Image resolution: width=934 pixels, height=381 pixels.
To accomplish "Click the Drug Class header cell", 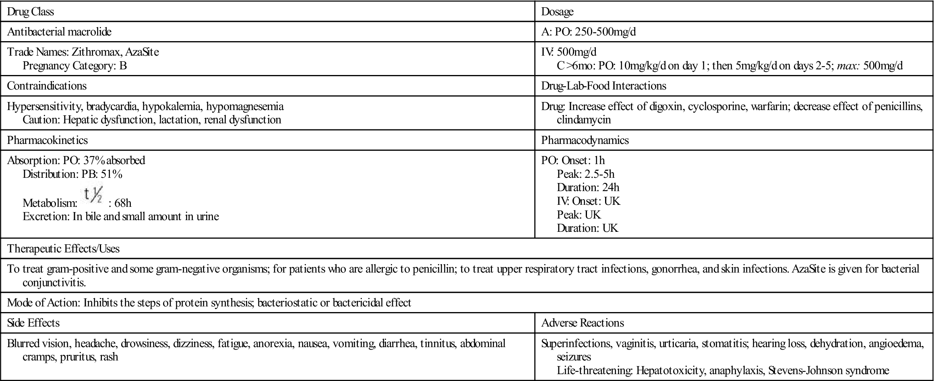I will pyautogui.click(x=31, y=12).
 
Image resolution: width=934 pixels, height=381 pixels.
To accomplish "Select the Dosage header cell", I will pyautogui.click(x=557, y=12).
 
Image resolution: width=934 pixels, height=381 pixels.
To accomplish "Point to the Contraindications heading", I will pyautogui.click(x=47, y=86).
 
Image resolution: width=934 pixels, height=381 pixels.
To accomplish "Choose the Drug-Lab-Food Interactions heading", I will pyautogui.click(x=603, y=86).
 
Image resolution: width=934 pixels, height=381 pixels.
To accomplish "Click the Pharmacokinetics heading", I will pyautogui.click(x=48, y=140).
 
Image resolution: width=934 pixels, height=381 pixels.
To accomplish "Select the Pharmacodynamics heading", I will pyautogui.click(x=585, y=140).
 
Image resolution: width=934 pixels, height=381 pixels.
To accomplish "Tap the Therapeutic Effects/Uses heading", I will pyautogui.click(x=64, y=248).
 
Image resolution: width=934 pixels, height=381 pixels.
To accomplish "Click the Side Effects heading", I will pyautogui.click(x=33, y=323).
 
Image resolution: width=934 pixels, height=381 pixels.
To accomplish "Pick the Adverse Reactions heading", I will pyautogui.click(x=583, y=323).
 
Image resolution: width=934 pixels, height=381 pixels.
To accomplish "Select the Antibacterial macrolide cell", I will pyautogui.click(x=59, y=31).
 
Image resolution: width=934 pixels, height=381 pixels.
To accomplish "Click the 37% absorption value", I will pyautogui.click(x=94, y=160).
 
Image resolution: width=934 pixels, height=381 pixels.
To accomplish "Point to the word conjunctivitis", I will pyautogui.click(x=54, y=282).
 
